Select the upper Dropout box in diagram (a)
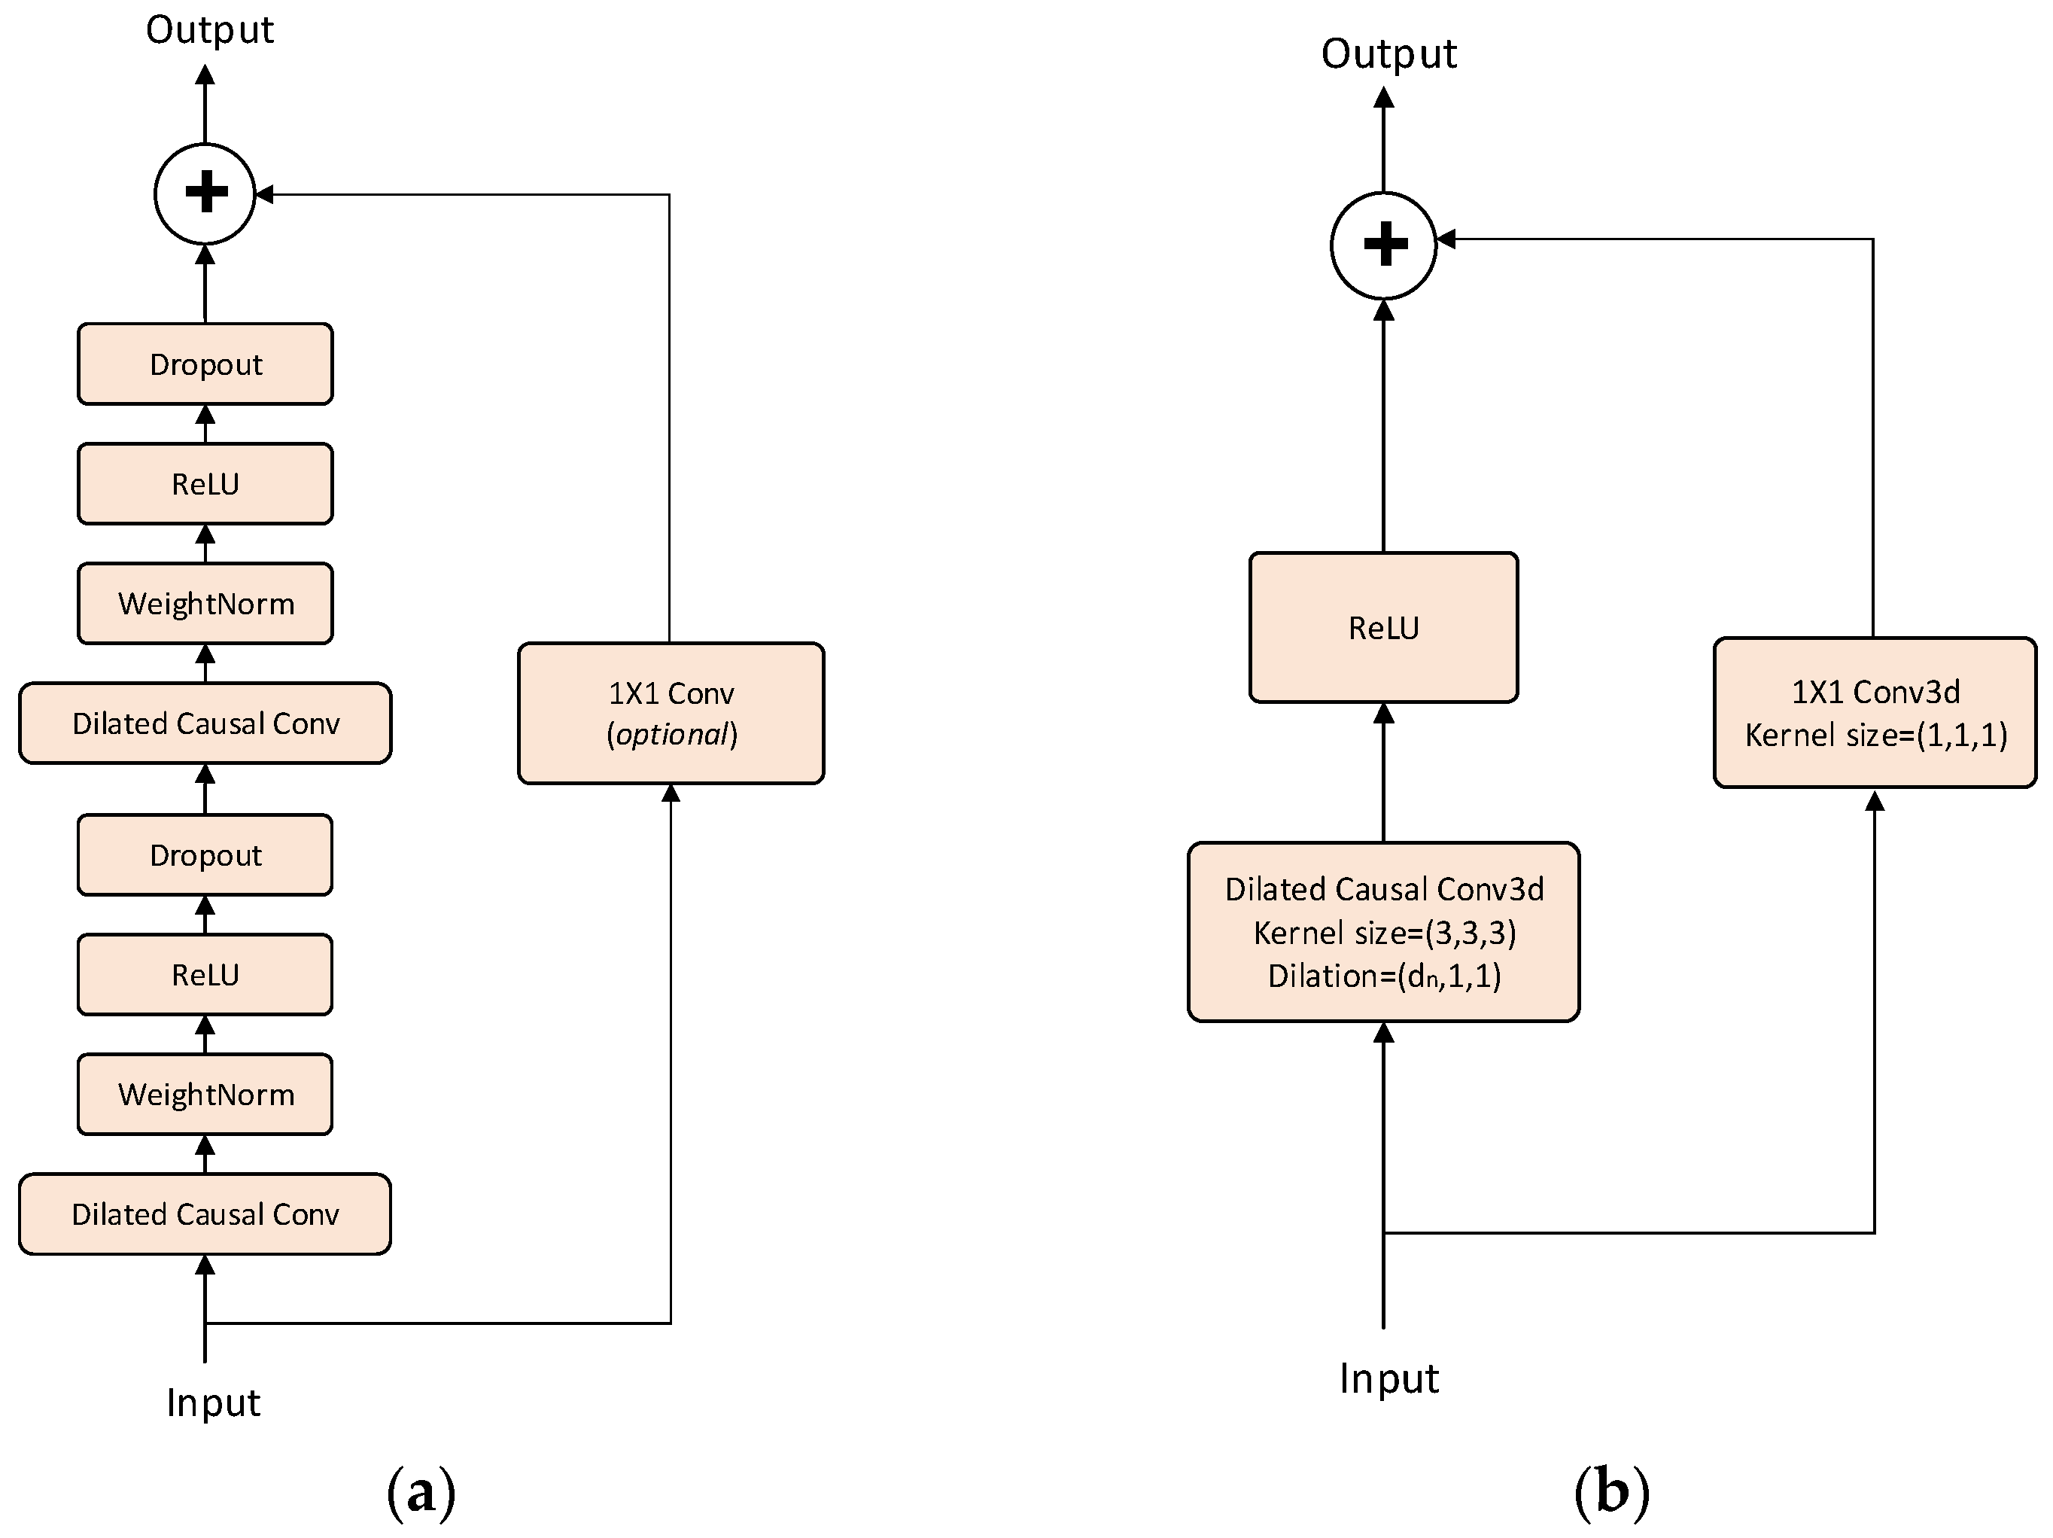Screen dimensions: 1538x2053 coord(205,364)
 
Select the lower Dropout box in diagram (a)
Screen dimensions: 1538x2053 coord(205,855)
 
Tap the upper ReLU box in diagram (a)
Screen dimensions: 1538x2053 coord(205,483)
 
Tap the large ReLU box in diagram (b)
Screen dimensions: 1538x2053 coord(1383,627)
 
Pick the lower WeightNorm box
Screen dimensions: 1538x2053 coord(205,1095)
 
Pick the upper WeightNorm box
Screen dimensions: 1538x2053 coord(205,603)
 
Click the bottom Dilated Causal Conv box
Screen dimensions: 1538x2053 coord(205,1214)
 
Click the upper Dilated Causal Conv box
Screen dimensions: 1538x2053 coord(205,723)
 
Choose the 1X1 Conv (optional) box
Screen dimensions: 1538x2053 coord(671,713)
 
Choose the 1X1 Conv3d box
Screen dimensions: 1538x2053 coord(1875,713)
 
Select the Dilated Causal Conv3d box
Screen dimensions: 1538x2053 coord(1383,932)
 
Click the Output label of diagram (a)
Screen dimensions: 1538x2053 coord(210,29)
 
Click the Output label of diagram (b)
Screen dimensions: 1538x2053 coord(1388,54)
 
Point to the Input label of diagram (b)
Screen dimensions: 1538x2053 coord(1388,1378)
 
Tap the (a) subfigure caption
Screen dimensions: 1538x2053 coord(421,1493)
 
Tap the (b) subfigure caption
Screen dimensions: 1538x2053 coord(1612,1493)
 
